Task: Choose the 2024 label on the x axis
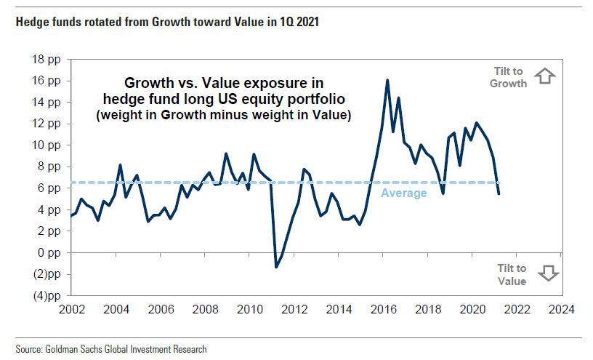click(562, 309)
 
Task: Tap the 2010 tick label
click(251, 309)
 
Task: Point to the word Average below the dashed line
click(404, 193)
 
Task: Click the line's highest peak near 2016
click(387, 80)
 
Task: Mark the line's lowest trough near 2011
click(276, 267)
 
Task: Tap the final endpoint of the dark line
click(499, 193)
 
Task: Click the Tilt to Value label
click(512, 275)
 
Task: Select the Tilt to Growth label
click(509, 76)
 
